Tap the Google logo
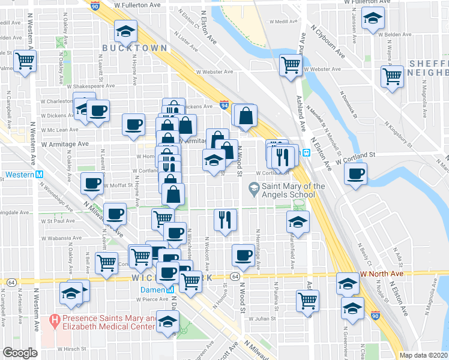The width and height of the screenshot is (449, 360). (x=20, y=353)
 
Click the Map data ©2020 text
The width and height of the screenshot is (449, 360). (x=423, y=355)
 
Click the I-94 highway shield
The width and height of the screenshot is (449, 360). (x=223, y=104)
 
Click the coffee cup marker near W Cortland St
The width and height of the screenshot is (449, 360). (x=355, y=174)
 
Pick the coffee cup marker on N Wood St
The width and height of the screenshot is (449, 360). (x=243, y=255)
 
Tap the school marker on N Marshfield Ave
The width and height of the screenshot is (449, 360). (x=298, y=222)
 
